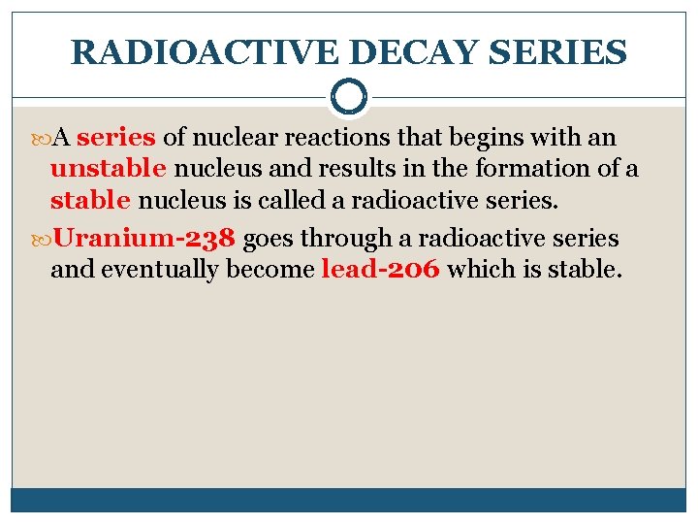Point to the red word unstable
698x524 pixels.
coord(109,168)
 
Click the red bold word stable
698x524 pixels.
coord(90,201)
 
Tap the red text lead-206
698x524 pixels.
coord(381,269)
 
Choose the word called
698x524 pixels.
coord(314,201)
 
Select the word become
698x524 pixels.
coord(270,269)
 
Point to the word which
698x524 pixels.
coord(475,269)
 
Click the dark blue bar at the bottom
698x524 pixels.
coord(349,500)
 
